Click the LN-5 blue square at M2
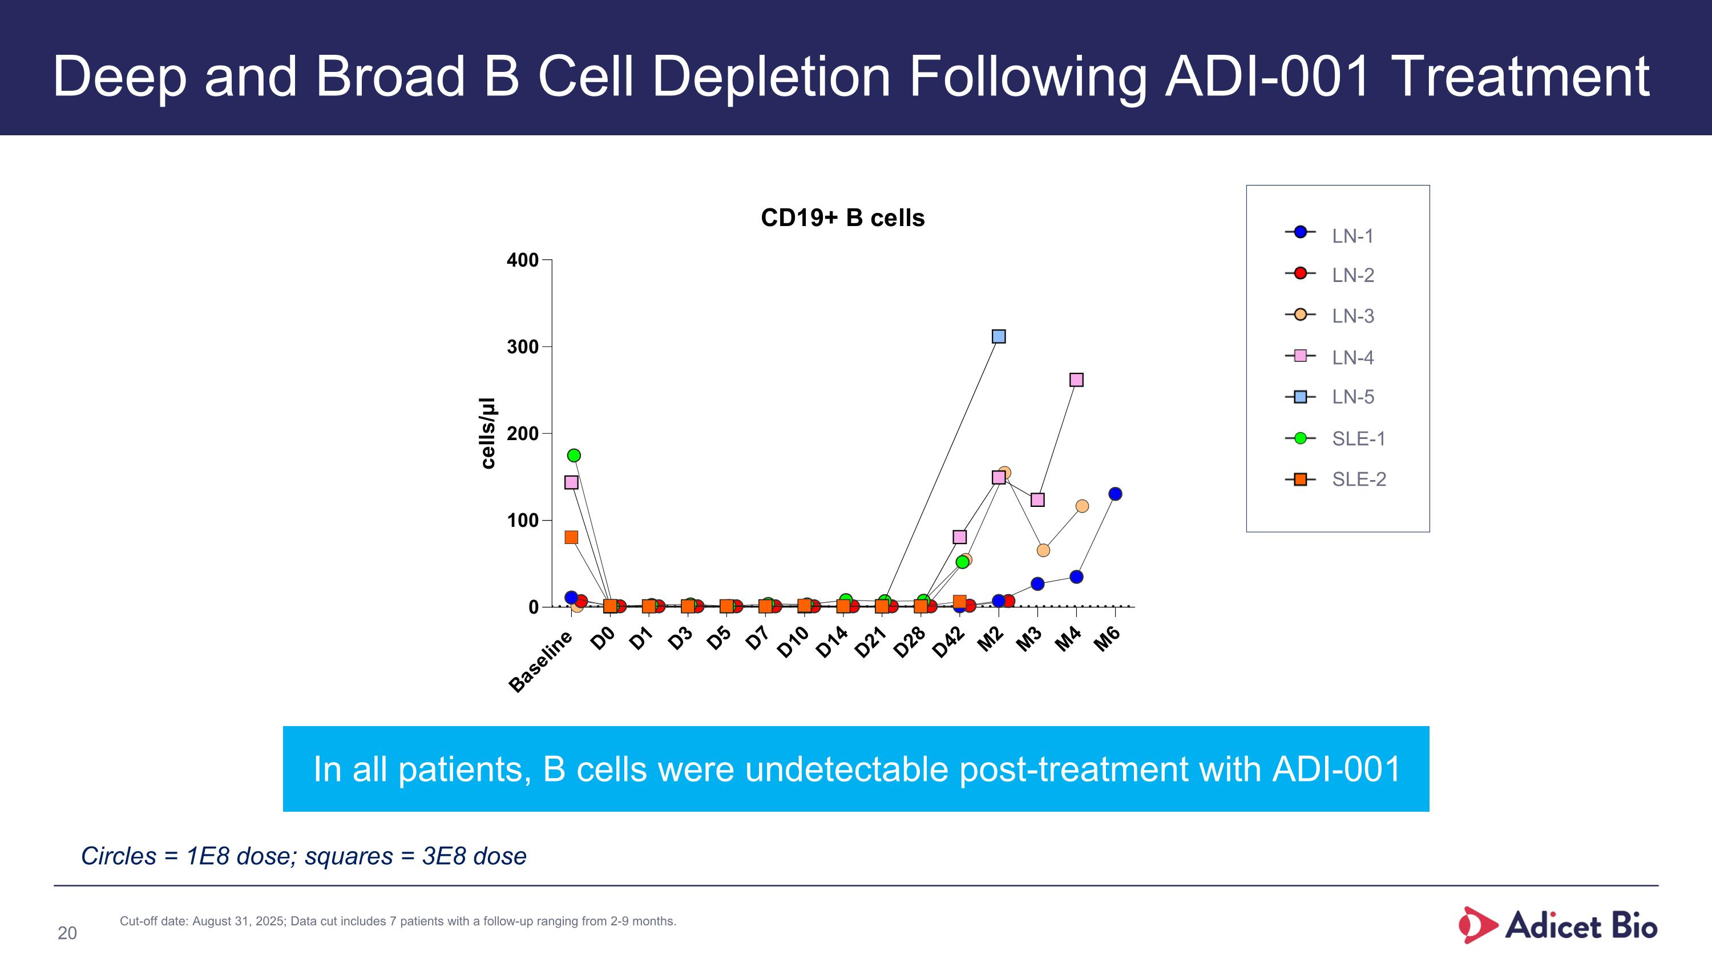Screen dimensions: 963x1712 click(998, 336)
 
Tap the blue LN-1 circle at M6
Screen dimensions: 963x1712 click(1115, 494)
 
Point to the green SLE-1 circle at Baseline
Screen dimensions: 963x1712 click(574, 456)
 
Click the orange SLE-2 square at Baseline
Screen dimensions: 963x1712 click(571, 537)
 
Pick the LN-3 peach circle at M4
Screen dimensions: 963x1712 click(1082, 506)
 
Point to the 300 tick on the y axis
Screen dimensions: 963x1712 click(522, 347)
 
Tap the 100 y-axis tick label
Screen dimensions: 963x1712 click(522, 521)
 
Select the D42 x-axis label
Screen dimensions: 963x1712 click(948, 642)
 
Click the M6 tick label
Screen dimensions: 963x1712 click(1108, 639)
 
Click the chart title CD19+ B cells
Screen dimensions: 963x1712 click(842, 218)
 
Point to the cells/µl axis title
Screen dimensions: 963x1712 click(488, 433)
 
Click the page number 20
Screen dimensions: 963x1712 click(67, 933)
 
